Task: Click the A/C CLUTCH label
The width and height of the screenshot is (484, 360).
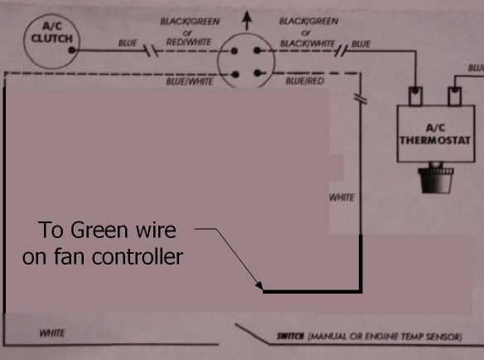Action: pyautogui.click(x=52, y=32)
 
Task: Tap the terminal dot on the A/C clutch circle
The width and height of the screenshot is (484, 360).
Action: pyautogui.click(x=72, y=50)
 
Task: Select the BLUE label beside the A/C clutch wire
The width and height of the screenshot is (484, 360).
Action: pyautogui.click(x=128, y=43)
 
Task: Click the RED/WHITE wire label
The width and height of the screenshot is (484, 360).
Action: pyautogui.click(x=189, y=41)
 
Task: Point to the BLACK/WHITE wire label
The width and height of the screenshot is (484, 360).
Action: pyautogui.click(x=307, y=43)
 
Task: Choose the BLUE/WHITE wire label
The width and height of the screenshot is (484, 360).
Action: pyautogui.click(x=190, y=81)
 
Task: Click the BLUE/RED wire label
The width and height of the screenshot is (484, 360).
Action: pyautogui.click(x=305, y=81)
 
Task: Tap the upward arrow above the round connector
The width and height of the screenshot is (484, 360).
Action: pyautogui.click(x=246, y=21)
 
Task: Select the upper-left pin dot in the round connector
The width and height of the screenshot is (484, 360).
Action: pyautogui.click(x=235, y=51)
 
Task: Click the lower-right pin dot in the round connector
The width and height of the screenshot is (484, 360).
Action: pyautogui.click(x=258, y=73)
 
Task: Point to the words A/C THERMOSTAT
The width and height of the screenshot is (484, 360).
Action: pyautogui.click(x=435, y=134)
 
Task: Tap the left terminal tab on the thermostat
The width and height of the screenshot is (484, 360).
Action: pyautogui.click(x=415, y=95)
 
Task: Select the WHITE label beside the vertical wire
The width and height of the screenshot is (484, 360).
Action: pyautogui.click(x=341, y=197)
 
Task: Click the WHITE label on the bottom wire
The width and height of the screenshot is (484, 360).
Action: pyautogui.click(x=52, y=333)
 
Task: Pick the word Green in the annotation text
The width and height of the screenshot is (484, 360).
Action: pyautogui.click(x=99, y=230)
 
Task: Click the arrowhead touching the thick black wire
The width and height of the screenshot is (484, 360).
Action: pyautogui.click(x=259, y=285)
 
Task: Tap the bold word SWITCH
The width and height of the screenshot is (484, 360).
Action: pyautogui.click(x=290, y=336)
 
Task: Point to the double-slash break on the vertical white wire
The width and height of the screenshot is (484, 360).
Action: pyautogui.click(x=361, y=99)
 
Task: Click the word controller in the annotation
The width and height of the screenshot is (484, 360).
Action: pyautogui.click(x=138, y=256)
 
